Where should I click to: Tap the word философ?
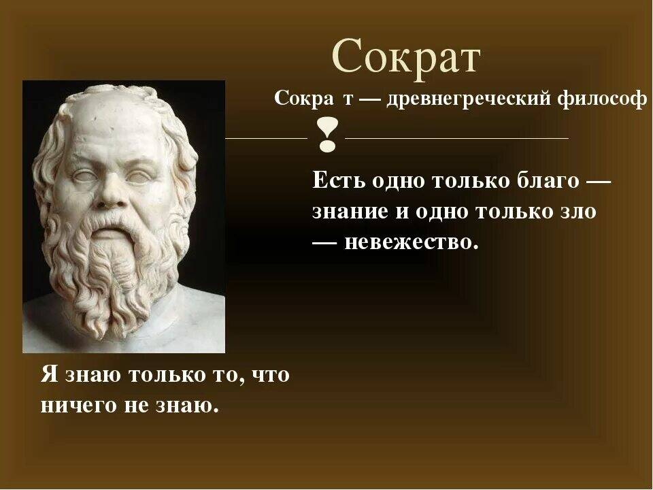pos(603,99)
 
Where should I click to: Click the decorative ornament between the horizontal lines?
pos(327,134)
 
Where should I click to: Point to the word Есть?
pos(338,180)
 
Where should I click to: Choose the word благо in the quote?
pos(548,180)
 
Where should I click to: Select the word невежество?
pos(411,242)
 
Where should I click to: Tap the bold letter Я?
pos(50,374)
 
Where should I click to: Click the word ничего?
pos(79,405)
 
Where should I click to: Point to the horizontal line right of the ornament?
pos(456,138)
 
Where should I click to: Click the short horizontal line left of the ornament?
pos(267,138)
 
